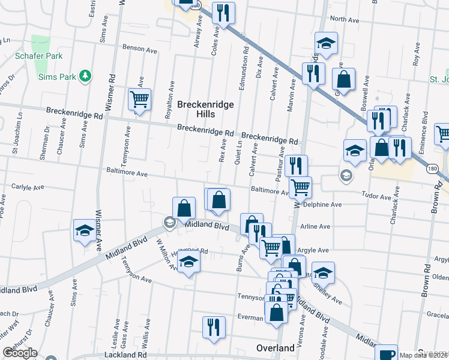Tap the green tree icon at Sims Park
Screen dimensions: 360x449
point(86,76)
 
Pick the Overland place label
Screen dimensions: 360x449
point(275,348)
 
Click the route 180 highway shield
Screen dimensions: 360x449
point(432,169)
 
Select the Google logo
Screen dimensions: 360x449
point(20,353)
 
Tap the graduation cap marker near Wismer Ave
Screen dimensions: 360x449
point(85,230)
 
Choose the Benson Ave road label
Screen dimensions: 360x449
point(139,48)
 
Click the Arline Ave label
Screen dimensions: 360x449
point(316,227)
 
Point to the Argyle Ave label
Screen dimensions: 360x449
point(314,250)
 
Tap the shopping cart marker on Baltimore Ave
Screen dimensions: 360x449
point(300,187)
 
